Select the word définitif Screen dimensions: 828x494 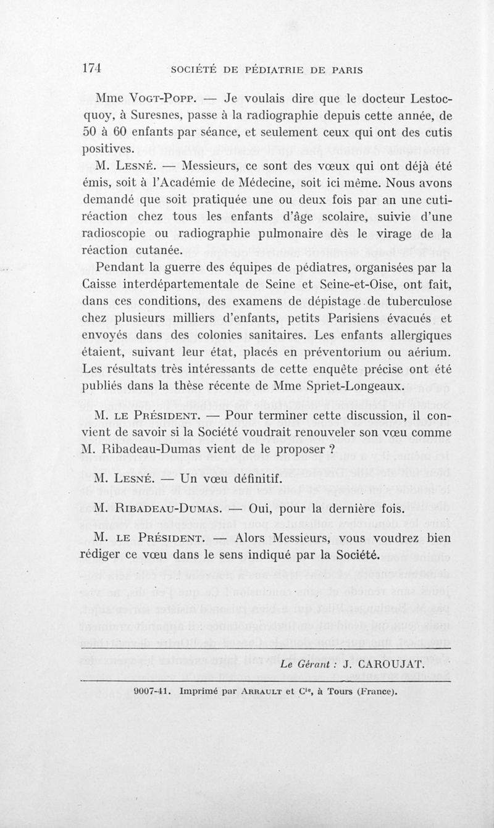pos(227,479)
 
